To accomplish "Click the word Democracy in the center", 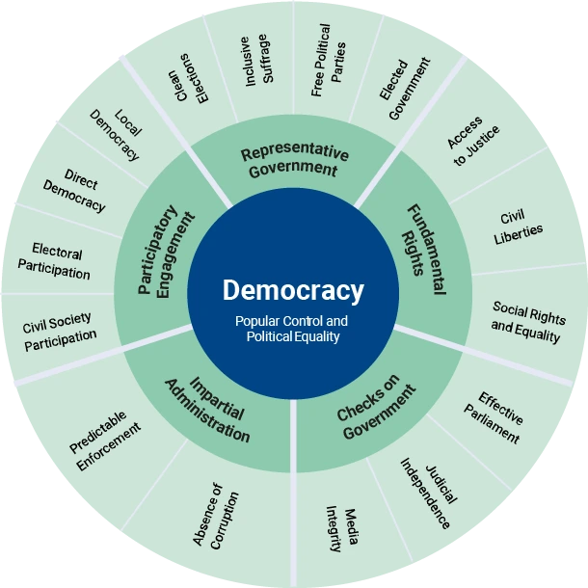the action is (293, 290).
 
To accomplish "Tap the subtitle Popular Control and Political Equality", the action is (293, 329).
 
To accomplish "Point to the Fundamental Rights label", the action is (419, 240).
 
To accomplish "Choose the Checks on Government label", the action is (375, 410).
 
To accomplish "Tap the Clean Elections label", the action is (186, 77).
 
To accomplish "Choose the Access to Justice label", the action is (471, 142).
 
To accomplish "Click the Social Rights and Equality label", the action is (526, 322).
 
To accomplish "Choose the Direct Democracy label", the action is (74, 191).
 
